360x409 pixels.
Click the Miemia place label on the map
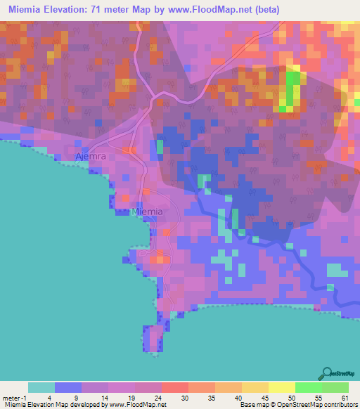(148, 212)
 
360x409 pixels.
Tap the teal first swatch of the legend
(41, 387)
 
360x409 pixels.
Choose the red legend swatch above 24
(175, 387)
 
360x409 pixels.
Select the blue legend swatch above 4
(68, 387)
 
